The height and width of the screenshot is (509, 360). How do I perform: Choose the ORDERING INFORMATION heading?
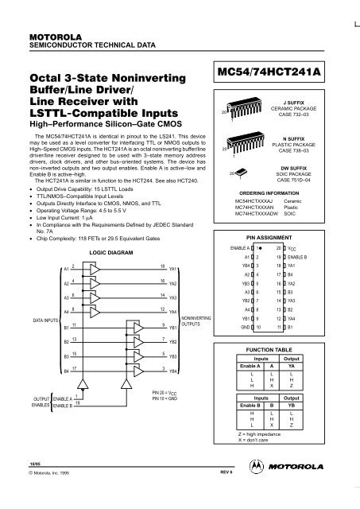coord(275,193)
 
